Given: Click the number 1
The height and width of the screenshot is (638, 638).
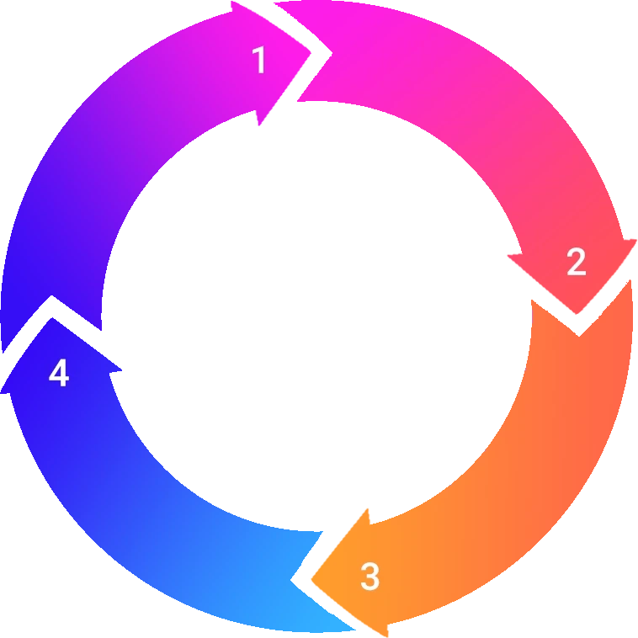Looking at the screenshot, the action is (259, 61).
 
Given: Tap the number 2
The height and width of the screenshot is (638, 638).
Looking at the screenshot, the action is (576, 263).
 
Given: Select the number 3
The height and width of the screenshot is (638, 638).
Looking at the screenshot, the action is (370, 577).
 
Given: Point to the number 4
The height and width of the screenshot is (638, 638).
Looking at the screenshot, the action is (58, 373).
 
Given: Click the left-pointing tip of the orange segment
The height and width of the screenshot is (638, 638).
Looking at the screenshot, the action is (312, 577).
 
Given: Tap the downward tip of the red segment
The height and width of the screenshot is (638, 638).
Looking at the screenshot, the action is (579, 312).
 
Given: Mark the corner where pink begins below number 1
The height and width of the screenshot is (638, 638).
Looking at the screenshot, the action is (296, 108).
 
